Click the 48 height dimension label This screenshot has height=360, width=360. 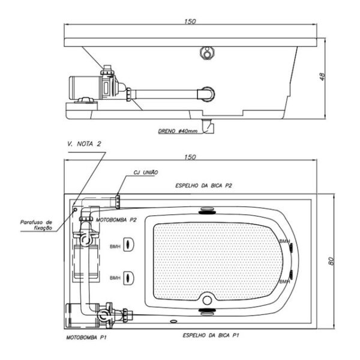pyautogui.click(x=322, y=77)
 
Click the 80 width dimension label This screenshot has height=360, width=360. pyautogui.click(x=331, y=261)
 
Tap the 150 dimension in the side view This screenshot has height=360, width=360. pyautogui.click(x=190, y=22)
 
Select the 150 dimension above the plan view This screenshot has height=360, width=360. pyautogui.click(x=190, y=157)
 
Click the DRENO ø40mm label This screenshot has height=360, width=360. pyautogui.click(x=178, y=131)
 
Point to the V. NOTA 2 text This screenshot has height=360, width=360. pyautogui.click(x=84, y=144)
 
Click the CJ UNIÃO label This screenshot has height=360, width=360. pyautogui.click(x=146, y=172)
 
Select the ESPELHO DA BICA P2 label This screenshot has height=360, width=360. pyautogui.click(x=203, y=185)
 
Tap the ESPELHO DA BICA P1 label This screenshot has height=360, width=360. pyautogui.click(x=211, y=335)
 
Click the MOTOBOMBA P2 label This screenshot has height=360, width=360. pyautogui.click(x=116, y=220)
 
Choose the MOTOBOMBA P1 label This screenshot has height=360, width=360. pyautogui.click(x=86, y=337)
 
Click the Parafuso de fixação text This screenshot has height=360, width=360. pyautogui.click(x=36, y=225)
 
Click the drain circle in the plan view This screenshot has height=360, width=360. pyautogui.click(x=207, y=300)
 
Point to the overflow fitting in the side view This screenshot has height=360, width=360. pyautogui.click(x=208, y=52)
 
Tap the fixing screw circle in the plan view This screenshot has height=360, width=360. pyautogui.click(x=75, y=209)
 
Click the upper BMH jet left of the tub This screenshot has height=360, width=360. pyautogui.click(x=129, y=244)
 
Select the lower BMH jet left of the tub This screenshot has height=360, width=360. pyautogui.click(x=129, y=278)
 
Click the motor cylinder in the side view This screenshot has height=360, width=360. pyautogui.click(x=85, y=88)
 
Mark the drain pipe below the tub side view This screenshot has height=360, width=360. pyautogui.click(x=208, y=126)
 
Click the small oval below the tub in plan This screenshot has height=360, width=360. pyautogui.click(x=174, y=321)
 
